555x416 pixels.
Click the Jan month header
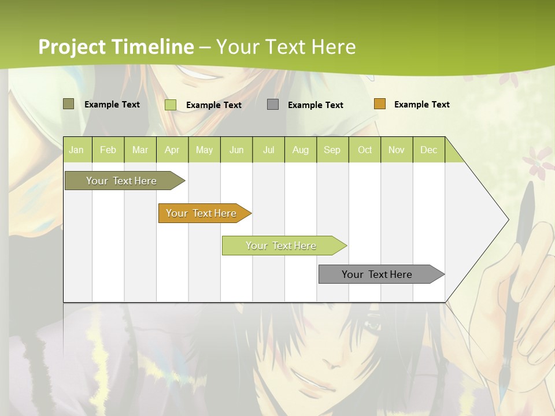(76, 150)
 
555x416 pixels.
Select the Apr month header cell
(172, 150)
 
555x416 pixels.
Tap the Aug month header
(300, 150)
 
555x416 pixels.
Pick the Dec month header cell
(428, 150)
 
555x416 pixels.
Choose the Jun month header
(236, 150)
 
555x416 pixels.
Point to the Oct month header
(364, 150)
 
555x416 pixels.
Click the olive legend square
(68, 104)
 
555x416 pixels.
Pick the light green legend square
(170, 105)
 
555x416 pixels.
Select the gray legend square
(272, 105)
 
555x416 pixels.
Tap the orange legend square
(379, 104)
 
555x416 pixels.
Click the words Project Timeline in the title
(116, 47)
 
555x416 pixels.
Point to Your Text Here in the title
(286, 47)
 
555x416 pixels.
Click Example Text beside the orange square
(421, 105)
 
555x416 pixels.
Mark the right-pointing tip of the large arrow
(508, 220)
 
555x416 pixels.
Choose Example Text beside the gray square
(315, 105)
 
